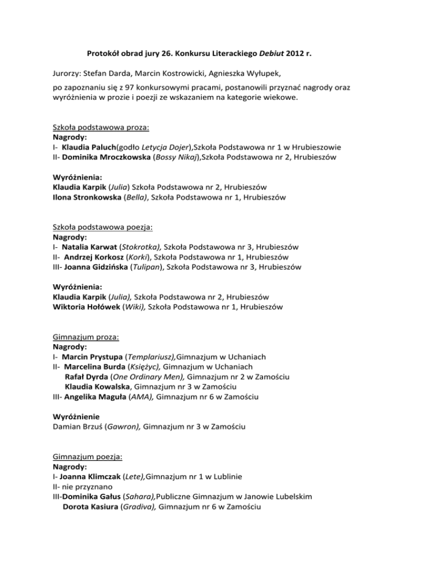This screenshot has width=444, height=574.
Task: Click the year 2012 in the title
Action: (295, 55)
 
